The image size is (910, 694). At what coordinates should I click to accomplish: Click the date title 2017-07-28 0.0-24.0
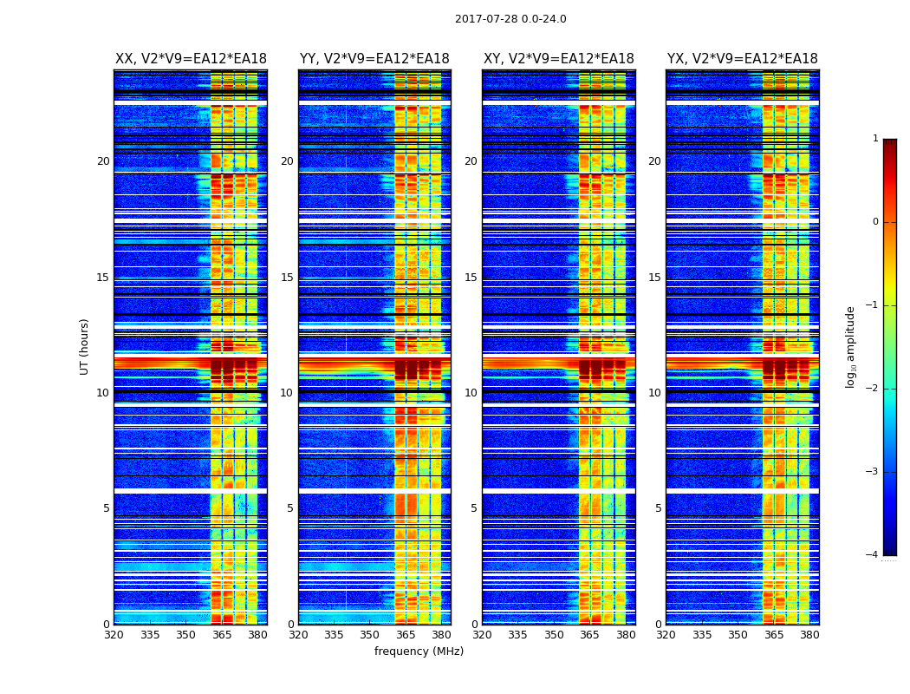(x=510, y=19)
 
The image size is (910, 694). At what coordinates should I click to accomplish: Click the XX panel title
(x=191, y=59)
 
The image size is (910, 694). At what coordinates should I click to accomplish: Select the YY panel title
(x=374, y=59)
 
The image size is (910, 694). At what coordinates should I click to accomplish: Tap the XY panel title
(x=558, y=59)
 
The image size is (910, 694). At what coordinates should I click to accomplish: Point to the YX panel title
(x=742, y=59)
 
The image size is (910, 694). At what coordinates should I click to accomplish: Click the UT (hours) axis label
(x=84, y=346)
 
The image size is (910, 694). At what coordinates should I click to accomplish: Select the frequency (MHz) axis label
(x=419, y=651)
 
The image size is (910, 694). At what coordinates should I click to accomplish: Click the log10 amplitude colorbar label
(x=850, y=346)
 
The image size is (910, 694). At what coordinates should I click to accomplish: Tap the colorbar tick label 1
(x=874, y=139)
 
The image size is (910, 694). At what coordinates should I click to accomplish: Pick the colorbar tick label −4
(x=872, y=555)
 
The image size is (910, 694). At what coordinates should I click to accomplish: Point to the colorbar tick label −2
(x=872, y=389)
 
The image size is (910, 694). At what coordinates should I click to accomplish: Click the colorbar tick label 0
(x=874, y=222)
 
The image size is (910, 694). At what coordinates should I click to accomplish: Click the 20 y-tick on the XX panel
(x=103, y=161)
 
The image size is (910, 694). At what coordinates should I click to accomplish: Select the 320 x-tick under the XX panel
(x=114, y=635)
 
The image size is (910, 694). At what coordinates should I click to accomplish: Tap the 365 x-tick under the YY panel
(x=406, y=635)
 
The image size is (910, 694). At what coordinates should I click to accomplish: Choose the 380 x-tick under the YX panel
(x=809, y=635)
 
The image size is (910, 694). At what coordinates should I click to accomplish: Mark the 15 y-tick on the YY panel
(x=287, y=278)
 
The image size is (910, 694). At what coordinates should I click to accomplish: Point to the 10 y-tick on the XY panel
(x=471, y=393)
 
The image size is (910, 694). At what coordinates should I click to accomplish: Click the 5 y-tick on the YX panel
(x=658, y=508)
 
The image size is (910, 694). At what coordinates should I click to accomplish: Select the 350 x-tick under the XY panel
(x=554, y=635)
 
